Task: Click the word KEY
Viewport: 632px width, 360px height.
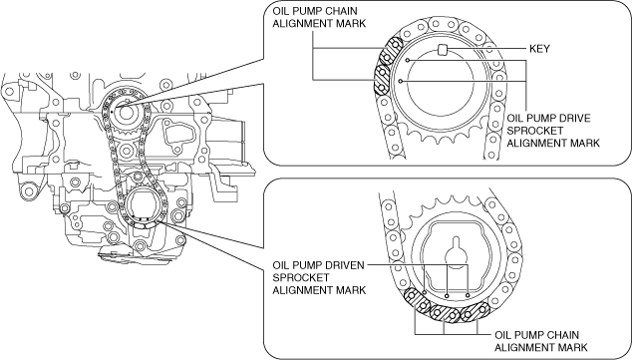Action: click(539, 49)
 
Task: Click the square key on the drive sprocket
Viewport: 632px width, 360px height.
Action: click(443, 50)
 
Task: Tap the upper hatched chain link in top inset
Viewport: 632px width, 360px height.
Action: click(390, 52)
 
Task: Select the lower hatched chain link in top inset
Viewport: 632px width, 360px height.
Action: click(382, 80)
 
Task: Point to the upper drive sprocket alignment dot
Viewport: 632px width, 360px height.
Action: click(408, 61)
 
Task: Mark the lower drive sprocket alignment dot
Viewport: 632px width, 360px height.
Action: click(401, 81)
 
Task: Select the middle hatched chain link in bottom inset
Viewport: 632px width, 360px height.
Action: click(445, 314)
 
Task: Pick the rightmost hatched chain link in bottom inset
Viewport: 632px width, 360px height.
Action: click(474, 312)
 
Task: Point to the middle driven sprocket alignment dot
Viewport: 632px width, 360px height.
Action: click(447, 296)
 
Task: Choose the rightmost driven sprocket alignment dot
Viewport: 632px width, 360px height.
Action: click(468, 295)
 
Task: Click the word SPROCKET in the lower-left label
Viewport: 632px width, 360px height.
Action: click(295, 278)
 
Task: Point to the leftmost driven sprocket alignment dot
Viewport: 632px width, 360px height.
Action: click(426, 292)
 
